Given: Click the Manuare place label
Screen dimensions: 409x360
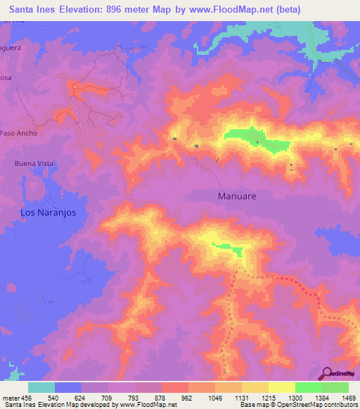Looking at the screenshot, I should click(237, 197).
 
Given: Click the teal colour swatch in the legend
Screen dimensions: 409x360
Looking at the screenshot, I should click(41, 387).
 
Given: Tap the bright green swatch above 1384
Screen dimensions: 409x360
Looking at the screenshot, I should click(308, 387).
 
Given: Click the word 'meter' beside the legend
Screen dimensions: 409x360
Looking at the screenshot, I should click(9, 397).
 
